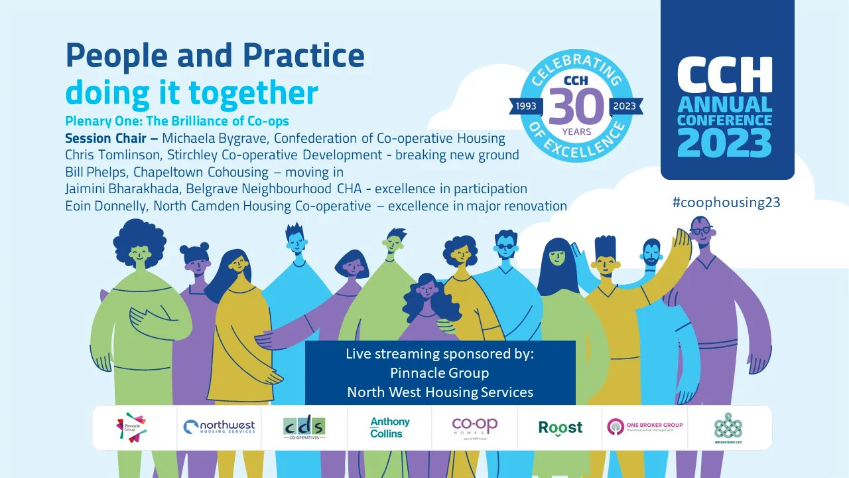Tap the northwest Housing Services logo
219,427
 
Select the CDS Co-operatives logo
304,428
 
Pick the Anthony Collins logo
389,427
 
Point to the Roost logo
560,427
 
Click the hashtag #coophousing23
726,202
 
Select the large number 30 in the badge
576,105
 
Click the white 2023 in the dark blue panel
725,143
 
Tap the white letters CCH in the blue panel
725,75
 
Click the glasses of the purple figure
700,230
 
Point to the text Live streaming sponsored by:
440,353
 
